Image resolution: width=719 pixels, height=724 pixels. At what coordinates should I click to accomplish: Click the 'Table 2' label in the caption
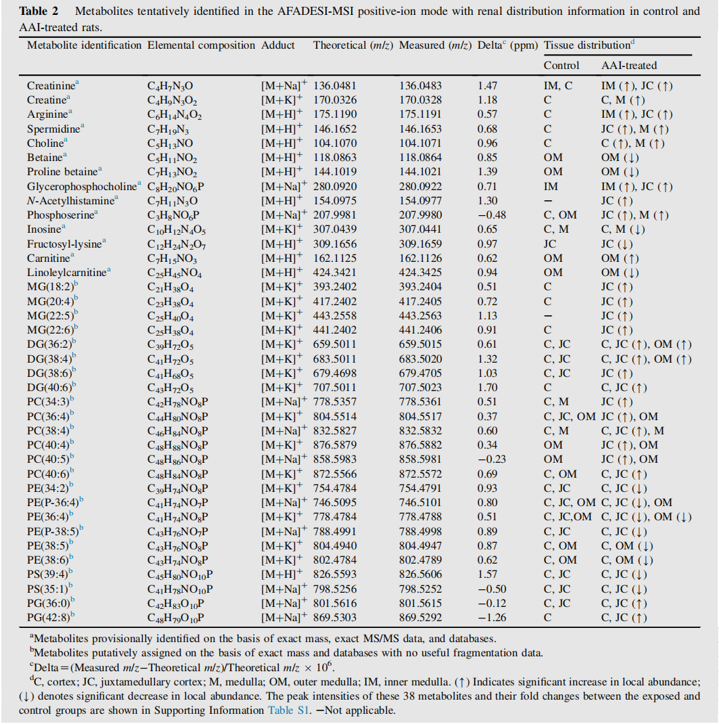tap(43, 12)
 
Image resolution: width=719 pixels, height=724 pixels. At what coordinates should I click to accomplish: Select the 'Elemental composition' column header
tap(201, 45)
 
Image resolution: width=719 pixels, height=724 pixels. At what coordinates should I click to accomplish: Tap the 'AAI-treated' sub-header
tap(628, 66)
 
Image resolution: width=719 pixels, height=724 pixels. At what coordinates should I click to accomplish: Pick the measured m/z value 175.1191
tap(420, 115)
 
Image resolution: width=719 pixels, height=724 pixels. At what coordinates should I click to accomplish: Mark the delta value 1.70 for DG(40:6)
tap(487, 388)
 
